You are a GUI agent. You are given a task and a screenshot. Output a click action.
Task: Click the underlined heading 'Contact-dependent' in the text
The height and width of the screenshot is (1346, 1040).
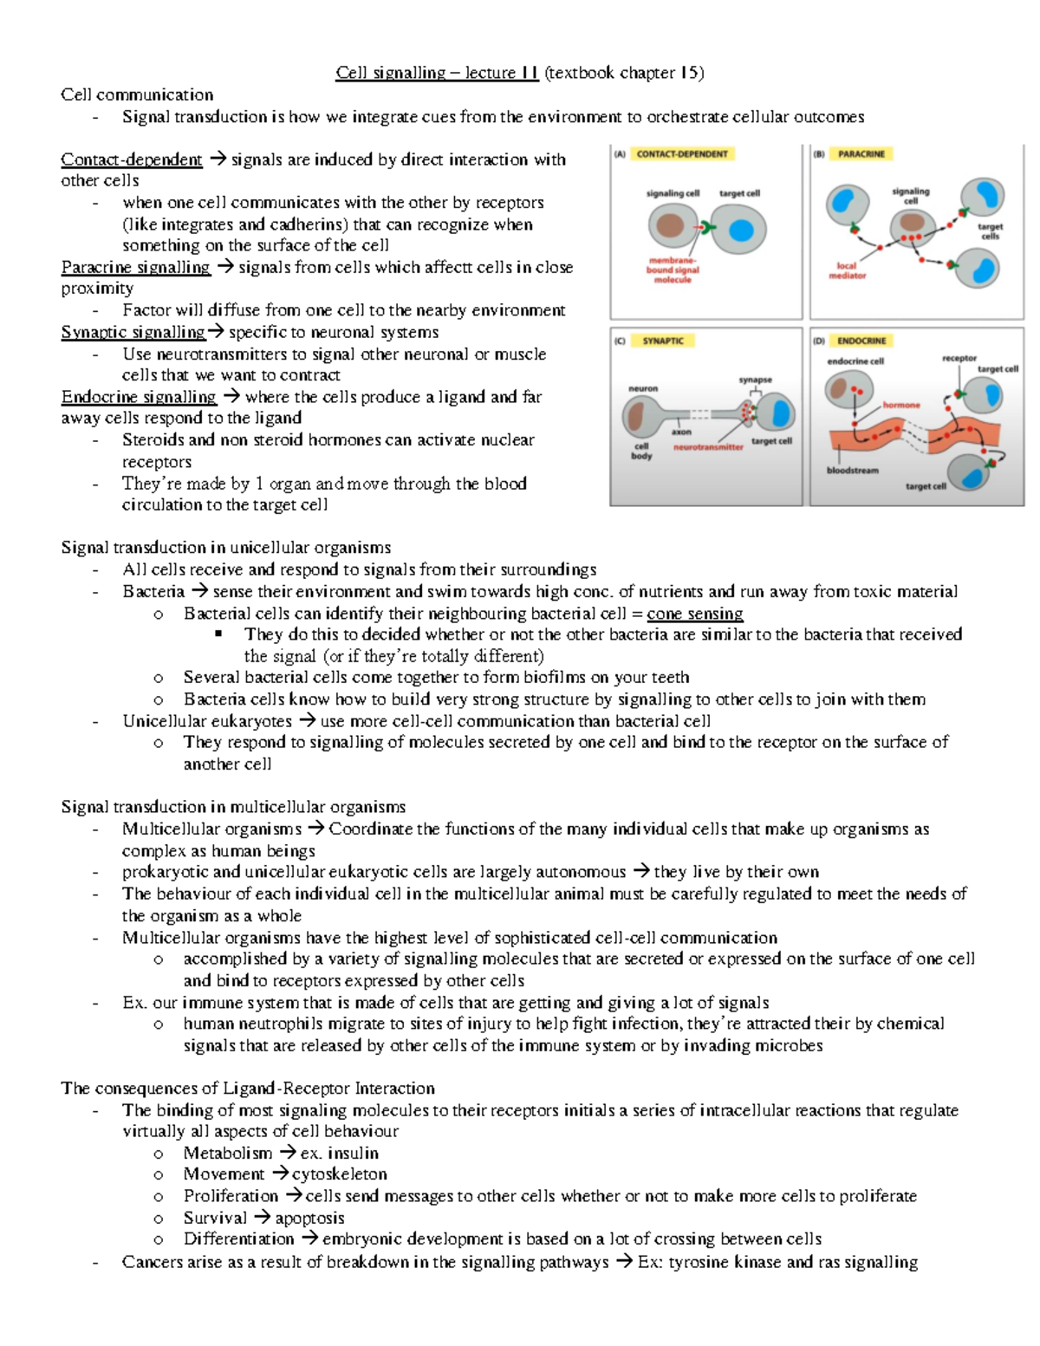pos(132,159)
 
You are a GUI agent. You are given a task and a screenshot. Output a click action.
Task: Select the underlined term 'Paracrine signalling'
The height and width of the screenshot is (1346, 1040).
pos(136,267)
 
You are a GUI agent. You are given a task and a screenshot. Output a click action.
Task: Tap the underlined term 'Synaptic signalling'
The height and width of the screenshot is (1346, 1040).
pos(133,332)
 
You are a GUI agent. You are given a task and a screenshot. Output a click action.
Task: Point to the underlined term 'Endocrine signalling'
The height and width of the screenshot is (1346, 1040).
pos(139,397)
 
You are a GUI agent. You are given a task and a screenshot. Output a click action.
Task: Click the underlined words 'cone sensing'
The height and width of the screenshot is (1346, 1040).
pos(695,614)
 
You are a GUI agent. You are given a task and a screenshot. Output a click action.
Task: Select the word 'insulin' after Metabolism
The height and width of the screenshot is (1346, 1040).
pos(353,1153)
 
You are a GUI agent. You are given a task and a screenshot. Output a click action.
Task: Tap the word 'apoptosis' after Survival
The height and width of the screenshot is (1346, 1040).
pos(309,1218)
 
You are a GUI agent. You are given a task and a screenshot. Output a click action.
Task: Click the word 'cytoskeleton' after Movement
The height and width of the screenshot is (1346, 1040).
pos(339,1174)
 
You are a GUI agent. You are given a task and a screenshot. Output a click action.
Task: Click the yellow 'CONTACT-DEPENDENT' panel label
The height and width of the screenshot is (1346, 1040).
pos(682,154)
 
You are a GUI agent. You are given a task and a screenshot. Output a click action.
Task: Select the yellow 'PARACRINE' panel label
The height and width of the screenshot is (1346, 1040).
pos(861,154)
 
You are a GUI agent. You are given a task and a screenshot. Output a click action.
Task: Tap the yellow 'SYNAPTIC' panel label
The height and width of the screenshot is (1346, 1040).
pos(663,341)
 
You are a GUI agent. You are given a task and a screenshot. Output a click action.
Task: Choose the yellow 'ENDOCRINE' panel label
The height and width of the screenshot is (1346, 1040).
pos(861,341)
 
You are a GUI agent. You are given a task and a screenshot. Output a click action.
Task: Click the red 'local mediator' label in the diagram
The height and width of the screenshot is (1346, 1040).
pos(847,270)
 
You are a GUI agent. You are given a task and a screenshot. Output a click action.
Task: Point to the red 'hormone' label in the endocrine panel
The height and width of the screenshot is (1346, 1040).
pos(901,405)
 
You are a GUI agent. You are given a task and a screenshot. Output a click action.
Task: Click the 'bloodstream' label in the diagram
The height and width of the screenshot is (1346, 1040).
pos(853,471)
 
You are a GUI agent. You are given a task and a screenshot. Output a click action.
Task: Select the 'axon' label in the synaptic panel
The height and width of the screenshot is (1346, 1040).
pos(681,432)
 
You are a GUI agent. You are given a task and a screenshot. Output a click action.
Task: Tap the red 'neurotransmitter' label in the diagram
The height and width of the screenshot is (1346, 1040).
pos(708,447)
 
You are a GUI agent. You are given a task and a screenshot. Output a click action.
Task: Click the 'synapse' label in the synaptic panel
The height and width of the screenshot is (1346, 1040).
pos(755,380)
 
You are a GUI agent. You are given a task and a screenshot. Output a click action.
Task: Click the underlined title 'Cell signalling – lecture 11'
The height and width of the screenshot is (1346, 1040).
pos(437,73)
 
